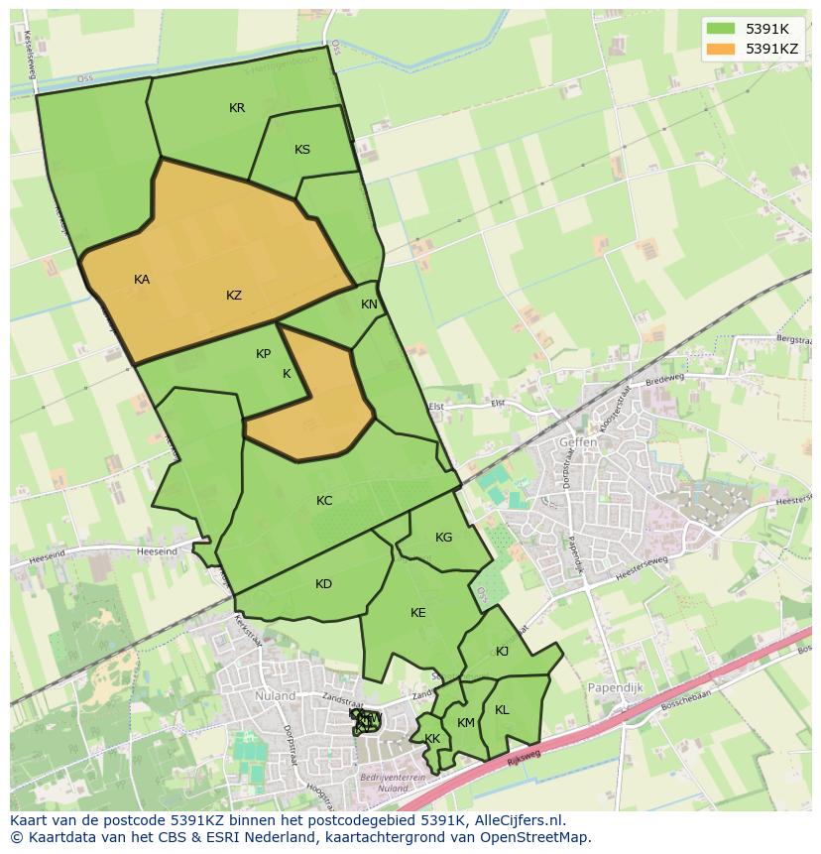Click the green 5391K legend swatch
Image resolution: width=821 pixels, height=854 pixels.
tap(721, 29)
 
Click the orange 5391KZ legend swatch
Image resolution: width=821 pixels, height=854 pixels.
tap(721, 48)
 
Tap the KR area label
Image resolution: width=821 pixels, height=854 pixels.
tap(237, 108)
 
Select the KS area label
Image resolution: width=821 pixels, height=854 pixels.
tap(302, 150)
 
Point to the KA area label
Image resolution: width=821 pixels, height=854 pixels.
tap(142, 280)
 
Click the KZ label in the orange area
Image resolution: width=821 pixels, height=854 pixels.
tap(234, 295)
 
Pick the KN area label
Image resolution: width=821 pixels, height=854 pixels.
tap(369, 305)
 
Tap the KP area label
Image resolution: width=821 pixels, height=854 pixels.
tap(263, 354)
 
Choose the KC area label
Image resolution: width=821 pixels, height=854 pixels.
tap(324, 501)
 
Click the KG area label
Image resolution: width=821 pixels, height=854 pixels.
tap(443, 538)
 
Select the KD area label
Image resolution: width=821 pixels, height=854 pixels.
tap(323, 584)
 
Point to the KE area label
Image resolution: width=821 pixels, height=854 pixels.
tap(417, 613)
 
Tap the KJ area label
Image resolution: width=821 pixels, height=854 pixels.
tap(502, 651)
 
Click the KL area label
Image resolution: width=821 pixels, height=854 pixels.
tap(502, 710)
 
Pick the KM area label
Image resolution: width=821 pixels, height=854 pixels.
tap(466, 723)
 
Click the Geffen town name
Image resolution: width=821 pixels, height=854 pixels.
tap(578, 442)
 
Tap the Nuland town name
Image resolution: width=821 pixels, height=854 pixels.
tap(275, 696)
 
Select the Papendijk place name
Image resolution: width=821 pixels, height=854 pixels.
tap(617, 687)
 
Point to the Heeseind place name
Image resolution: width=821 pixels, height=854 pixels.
tap(158, 550)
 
